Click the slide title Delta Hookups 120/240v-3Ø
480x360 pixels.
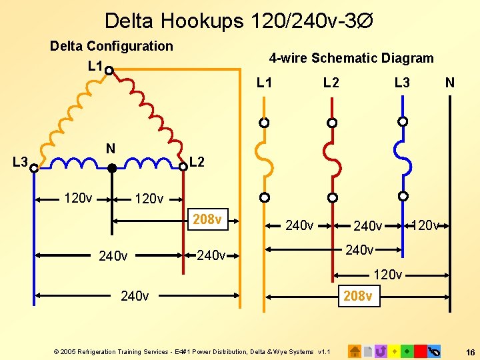click(x=239, y=21)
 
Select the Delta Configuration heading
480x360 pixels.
click(x=111, y=46)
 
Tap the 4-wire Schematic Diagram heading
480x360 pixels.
click(x=351, y=58)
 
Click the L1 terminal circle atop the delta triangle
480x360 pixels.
click(x=108, y=69)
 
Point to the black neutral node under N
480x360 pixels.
click(x=112, y=169)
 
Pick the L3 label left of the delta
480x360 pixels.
click(x=20, y=162)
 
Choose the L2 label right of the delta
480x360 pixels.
click(x=197, y=162)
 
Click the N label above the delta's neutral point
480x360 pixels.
click(x=111, y=149)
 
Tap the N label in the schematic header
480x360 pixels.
click(x=450, y=83)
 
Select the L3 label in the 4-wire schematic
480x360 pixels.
click(x=402, y=83)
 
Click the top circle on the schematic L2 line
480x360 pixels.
click(x=332, y=123)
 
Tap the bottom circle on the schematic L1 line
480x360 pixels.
click(x=265, y=197)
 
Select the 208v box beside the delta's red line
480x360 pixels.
click(x=207, y=219)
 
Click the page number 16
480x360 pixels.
click(x=470, y=351)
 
